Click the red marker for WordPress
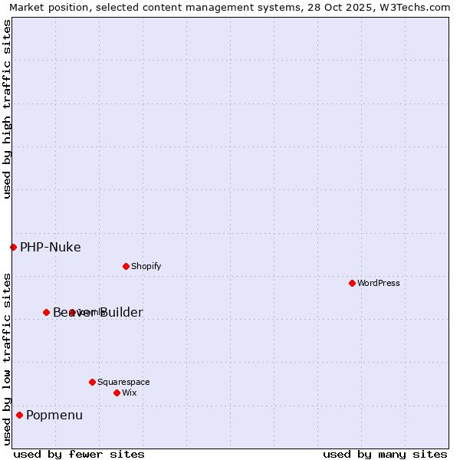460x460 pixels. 352,283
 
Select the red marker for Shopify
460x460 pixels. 126,266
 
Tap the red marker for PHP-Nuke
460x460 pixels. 13,247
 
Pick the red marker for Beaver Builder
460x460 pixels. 46,312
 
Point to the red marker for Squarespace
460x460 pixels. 92,382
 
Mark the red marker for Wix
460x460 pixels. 117,393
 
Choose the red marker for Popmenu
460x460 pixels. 19,415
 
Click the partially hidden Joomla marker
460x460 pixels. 72,312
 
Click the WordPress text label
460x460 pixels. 379,283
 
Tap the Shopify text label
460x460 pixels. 146,266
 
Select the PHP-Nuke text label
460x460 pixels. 51,247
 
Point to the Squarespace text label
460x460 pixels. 123,382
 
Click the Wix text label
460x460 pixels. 130,393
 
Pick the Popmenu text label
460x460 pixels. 54,415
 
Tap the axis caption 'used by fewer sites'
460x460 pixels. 79,454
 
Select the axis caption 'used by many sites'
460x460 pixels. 385,454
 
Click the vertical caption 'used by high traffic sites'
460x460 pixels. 7,109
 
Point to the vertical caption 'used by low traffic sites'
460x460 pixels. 7,359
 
